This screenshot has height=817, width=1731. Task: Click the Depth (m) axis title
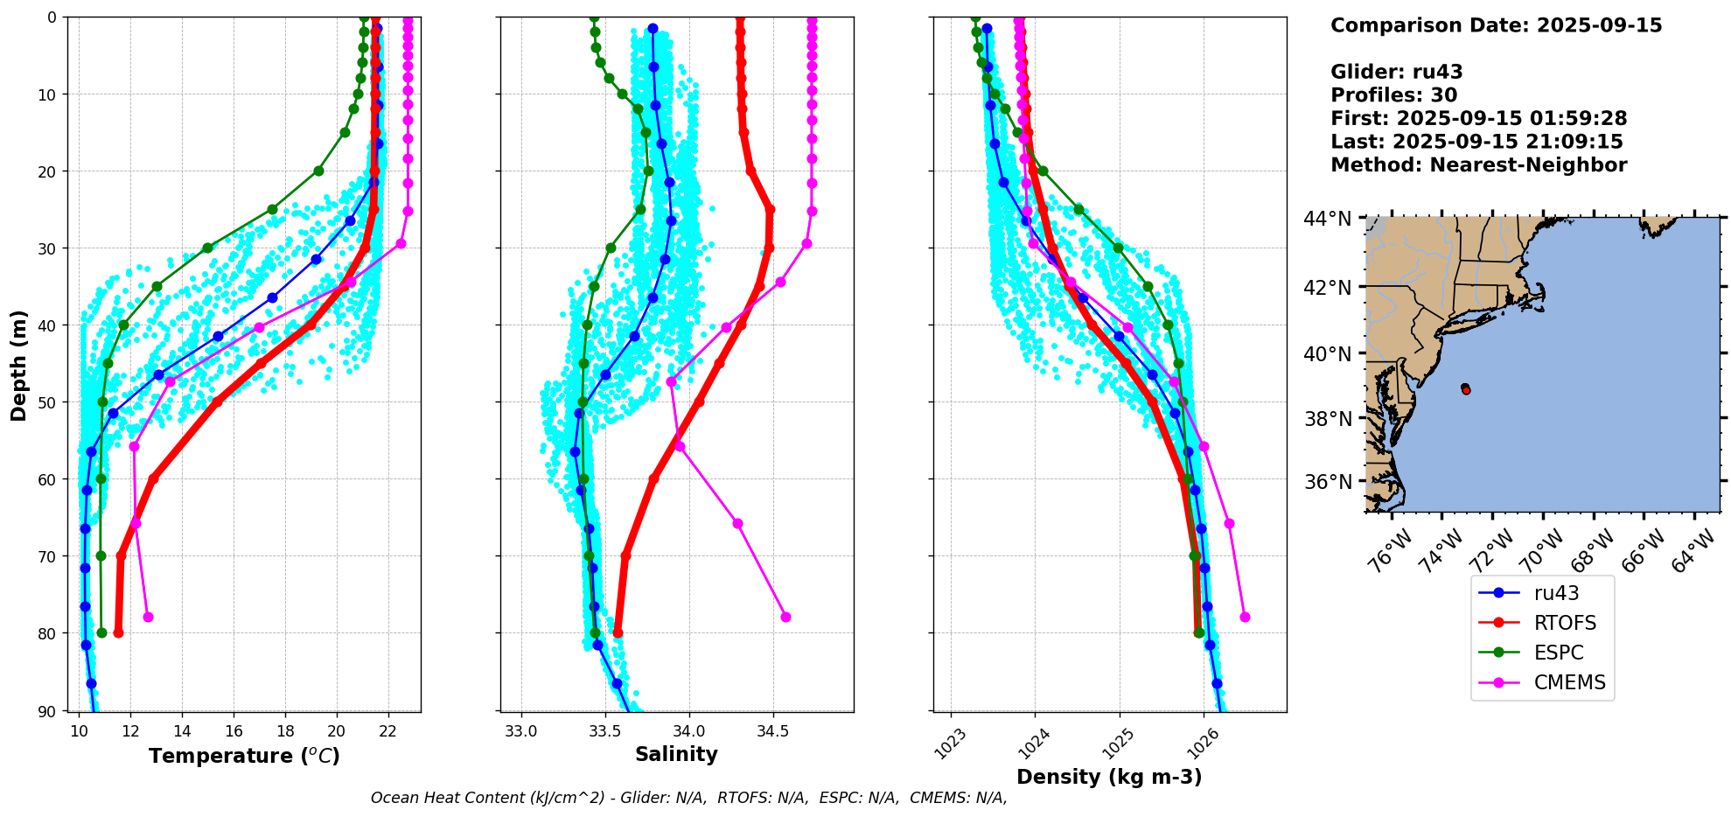(x=18, y=365)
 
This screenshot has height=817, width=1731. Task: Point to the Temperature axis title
(x=244, y=756)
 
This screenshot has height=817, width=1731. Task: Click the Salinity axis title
(x=676, y=754)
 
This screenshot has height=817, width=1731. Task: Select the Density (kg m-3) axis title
(x=1109, y=777)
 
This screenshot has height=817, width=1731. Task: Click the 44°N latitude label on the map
(x=1328, y=219)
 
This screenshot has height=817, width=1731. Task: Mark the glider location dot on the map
(x=1465, y=389)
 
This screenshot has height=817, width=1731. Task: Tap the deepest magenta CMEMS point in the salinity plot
(x=785, y=617)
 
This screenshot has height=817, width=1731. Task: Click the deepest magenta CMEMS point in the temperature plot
(x=148, y=617)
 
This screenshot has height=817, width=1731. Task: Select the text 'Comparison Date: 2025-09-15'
(x=1496, y=25)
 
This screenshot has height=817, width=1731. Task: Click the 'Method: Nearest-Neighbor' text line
(x=1478, y=165)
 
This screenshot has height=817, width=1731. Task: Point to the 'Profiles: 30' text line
(x=1393, y=95)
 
